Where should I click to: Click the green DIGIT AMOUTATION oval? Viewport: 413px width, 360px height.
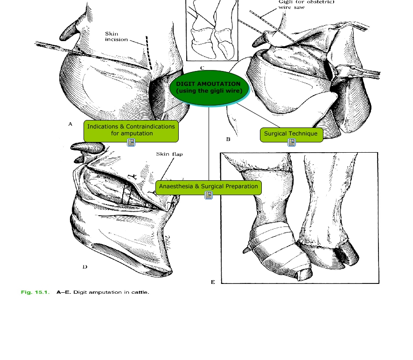(209, 88)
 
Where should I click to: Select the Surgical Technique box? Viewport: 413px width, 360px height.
(291, 135)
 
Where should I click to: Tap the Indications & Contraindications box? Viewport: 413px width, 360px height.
(131, 131)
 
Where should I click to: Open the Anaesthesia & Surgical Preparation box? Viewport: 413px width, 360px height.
(209, 188)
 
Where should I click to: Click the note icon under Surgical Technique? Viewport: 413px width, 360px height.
(292, 142)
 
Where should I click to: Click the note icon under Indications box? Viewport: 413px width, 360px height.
(131, 142)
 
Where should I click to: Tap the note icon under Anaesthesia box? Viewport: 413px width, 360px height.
(209, 195)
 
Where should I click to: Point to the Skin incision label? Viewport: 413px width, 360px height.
(116, 36)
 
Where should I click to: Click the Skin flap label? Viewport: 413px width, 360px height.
(169, 154)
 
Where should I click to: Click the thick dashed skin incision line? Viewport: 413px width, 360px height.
(149, 53)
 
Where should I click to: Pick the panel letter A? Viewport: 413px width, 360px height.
(70, 124)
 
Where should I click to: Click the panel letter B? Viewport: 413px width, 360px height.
(228, 139)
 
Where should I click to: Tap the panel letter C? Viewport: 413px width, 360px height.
(202, 68)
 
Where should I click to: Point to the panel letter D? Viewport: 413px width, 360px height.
(85, 267)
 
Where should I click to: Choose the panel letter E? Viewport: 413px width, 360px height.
(213, 282)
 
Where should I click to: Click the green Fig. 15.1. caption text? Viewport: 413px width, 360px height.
(35, 292)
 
